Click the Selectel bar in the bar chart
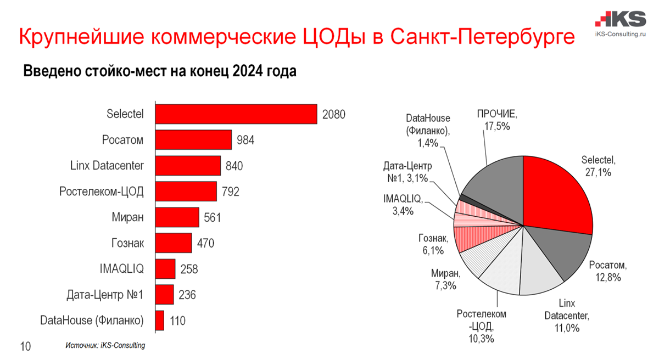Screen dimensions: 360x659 point(236,114)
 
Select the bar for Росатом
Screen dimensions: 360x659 point(193,140)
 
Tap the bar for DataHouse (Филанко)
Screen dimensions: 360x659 point(160,320)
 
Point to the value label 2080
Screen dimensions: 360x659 point(333,114)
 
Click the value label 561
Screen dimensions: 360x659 point(211,218)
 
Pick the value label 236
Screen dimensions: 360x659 point(186,295)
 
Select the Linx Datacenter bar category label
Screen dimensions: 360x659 point(107,166)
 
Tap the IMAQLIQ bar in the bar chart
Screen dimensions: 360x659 point(165,269)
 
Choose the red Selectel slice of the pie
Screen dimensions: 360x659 point(555,192)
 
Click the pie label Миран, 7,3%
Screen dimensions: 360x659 point(445,279)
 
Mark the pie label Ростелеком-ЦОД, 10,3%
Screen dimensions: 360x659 point(482,327)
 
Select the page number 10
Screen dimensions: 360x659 point(26,347)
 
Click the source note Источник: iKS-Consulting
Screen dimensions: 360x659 point(105,346)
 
